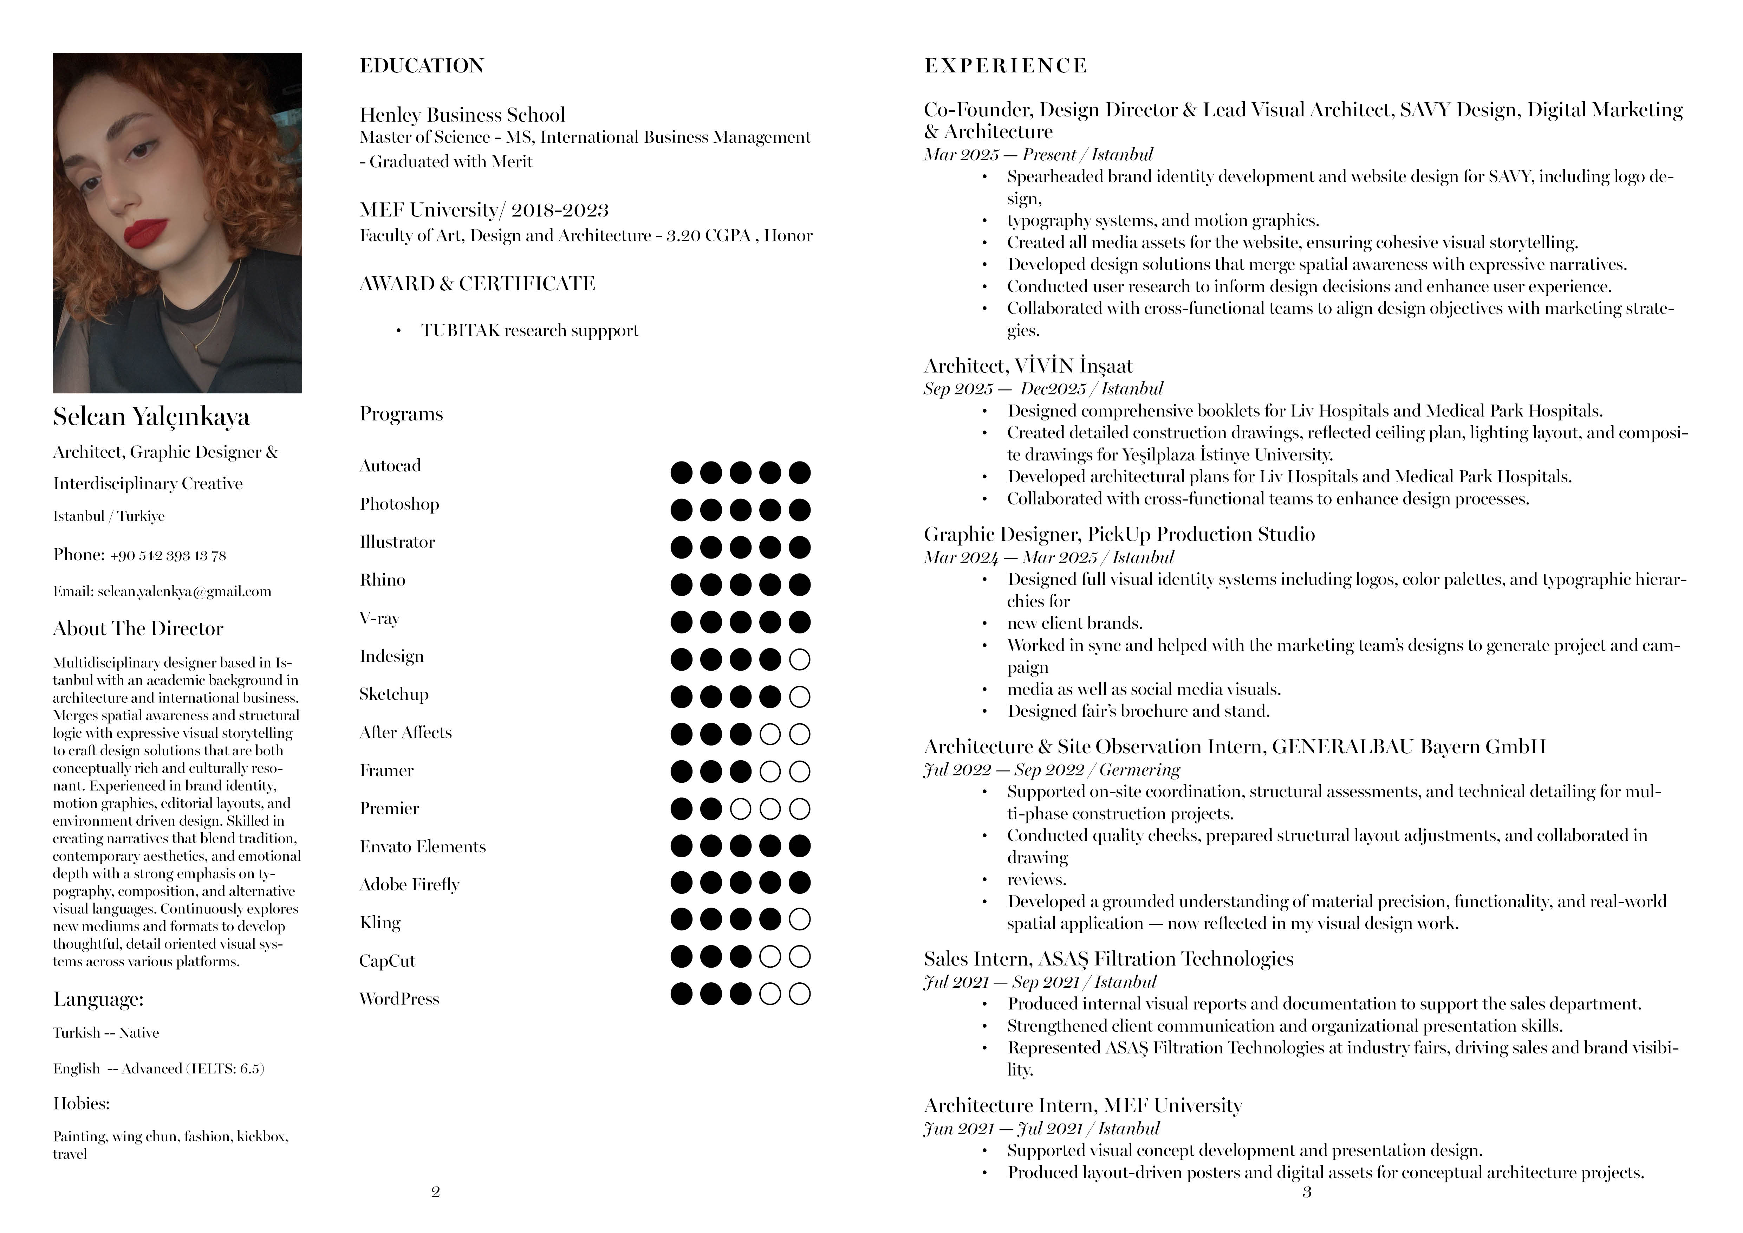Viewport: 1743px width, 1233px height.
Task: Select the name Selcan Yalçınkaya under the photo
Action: pos(151,416)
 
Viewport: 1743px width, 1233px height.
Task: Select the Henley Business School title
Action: pos(462,115)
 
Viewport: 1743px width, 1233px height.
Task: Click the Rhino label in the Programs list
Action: pos(383,580)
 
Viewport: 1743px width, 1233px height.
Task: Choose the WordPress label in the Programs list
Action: pos(399,999)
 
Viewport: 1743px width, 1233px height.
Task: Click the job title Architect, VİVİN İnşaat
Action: pos(1028,366)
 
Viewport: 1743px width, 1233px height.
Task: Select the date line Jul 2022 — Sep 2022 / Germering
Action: pos(1052,770)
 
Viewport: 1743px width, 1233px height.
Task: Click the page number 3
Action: pos(1307,1192)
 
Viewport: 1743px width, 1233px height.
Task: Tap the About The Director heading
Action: pos(138,629)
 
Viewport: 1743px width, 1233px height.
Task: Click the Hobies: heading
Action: pos(81,1104)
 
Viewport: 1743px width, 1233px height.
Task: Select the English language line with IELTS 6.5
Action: pos(159,1069)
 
